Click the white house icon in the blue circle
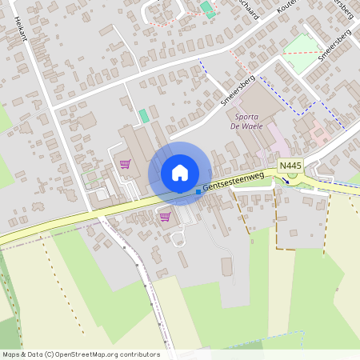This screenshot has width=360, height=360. tap(180, 173)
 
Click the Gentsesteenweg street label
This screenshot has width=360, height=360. tap(234, 182)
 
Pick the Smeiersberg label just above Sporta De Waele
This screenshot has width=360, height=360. tap(237, 90)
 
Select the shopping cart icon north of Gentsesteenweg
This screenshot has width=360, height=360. tap(125, 164)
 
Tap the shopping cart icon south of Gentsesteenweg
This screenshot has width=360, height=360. tap(165, 216)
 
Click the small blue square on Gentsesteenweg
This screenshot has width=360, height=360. tap(198, 192)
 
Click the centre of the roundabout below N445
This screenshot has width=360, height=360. tap(294, 180)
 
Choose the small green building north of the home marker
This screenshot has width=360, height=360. tap(144, 116)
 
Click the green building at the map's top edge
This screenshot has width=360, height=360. tap(206, 7)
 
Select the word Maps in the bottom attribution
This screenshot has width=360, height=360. tap(11, 354)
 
